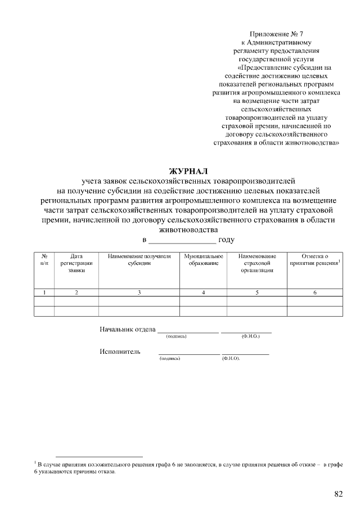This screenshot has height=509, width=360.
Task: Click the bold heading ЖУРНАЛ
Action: [188, 171]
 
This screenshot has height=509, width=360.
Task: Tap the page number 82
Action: [339, 494]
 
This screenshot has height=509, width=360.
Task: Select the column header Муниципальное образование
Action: [203, 260]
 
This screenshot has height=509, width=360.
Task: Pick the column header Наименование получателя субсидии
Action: [139, 260]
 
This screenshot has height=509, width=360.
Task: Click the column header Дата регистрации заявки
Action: [76, 263]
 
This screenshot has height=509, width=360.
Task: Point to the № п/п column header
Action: [44, 260]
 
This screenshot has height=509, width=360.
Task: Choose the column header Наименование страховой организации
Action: [256, 263]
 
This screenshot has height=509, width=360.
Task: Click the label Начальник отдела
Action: [127, 329]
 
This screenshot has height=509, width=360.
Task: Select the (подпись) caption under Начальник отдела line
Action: [176, 336]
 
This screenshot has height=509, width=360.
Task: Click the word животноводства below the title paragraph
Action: [188, 229]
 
